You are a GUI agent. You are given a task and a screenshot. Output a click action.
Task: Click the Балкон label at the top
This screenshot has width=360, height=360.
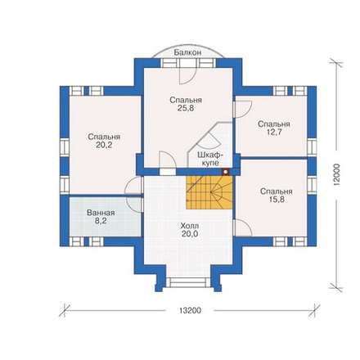point(187,52)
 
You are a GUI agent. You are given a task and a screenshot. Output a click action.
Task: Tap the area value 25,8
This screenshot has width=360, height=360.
point(186,108)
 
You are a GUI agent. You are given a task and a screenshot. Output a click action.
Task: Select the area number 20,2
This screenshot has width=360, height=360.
point(104,145)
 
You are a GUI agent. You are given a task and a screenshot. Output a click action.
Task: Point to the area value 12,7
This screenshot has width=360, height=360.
point(274,133)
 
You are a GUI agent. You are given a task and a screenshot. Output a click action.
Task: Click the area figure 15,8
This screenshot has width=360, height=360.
point(277,200)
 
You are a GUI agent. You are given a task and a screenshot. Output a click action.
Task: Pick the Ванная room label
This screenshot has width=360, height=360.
point(101,213)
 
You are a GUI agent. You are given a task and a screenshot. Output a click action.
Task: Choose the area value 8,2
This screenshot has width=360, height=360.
point(101,221)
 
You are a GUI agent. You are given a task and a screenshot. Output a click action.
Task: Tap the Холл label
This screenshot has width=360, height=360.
point(190,226)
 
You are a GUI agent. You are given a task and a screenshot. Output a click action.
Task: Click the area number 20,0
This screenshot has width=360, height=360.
point(190,234)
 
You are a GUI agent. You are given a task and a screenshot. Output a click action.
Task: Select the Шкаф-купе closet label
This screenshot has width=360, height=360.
point(210,159)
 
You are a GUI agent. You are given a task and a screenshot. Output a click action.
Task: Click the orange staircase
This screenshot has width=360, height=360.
point(209,192)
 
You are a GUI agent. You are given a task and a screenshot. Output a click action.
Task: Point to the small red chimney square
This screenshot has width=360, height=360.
point(225,172)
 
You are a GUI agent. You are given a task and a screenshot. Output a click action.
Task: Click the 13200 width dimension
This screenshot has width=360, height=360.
point(190,310)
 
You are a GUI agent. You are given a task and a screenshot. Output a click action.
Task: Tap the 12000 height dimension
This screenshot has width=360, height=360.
point(335,175)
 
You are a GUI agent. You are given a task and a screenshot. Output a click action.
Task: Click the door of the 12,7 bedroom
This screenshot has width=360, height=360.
point(242,109)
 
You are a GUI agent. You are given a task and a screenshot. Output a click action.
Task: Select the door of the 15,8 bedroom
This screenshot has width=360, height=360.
point(242,227)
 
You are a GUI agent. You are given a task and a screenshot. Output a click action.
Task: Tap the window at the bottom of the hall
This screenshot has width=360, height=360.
point(187,282)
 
